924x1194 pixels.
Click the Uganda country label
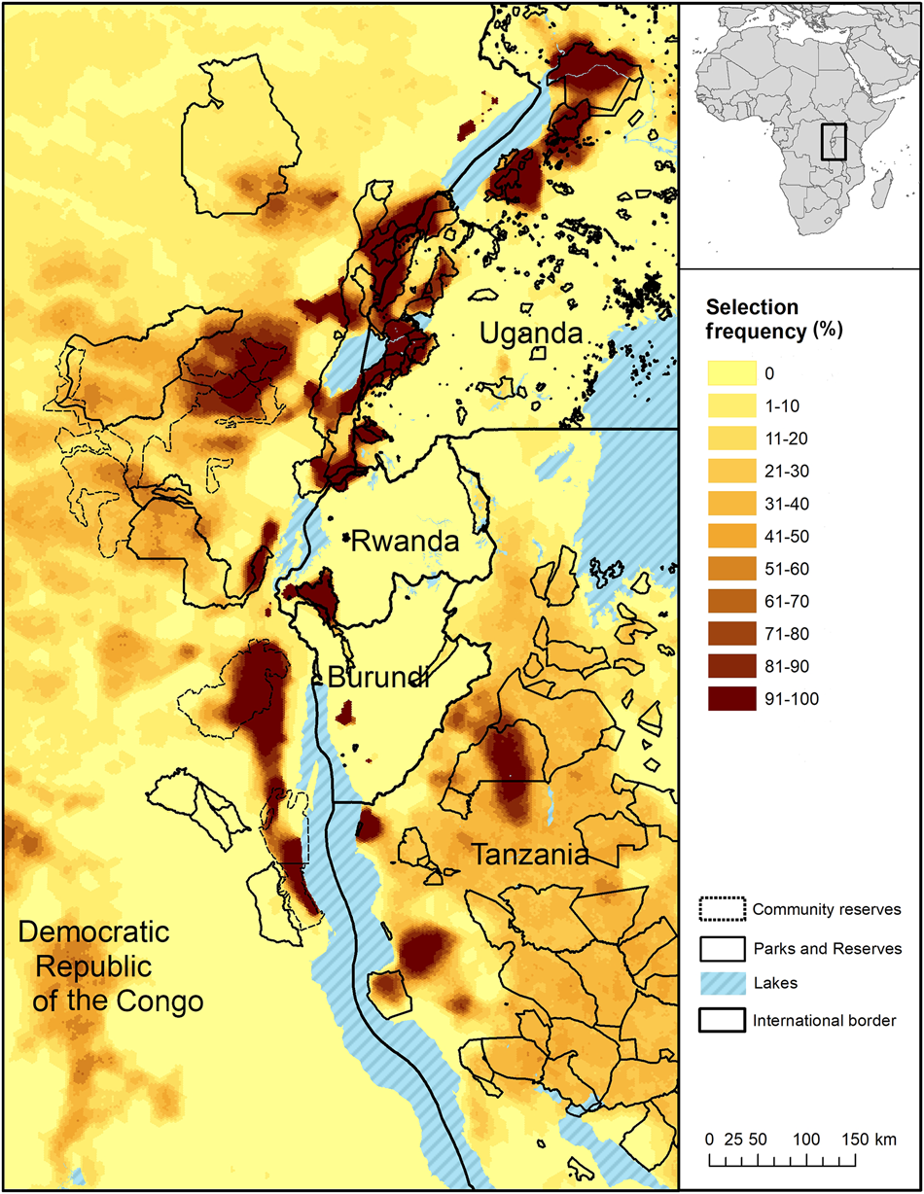(x=530, y=334)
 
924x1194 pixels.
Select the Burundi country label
(x=379, y=679)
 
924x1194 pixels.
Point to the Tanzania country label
(x=530, y=856)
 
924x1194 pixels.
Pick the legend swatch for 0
(x=728, y=371)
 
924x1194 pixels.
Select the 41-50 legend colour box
(x=728, y=536)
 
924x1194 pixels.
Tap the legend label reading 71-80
(x=785, y=635)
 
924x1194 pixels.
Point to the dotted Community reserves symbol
(x=722, y=909)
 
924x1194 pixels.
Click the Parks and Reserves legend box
(x=722, y=946)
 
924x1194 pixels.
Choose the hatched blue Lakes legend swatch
(x=722, y=983)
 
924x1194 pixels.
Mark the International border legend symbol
(x=722, y=1020)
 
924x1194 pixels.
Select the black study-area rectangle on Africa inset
(x=834, y=142)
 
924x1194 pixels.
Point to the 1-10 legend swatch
(x=728, y=404)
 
